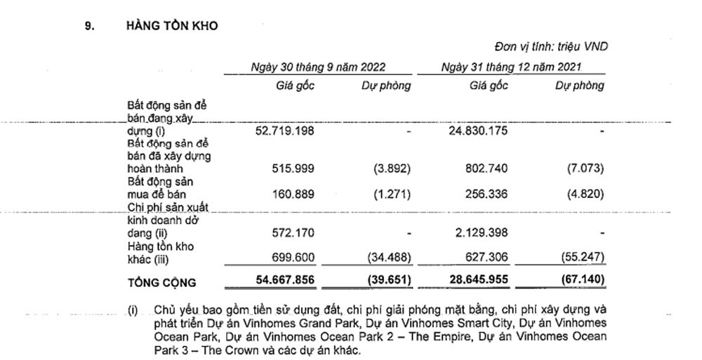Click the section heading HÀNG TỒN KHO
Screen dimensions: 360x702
pos(172,26)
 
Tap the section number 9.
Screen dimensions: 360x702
pos(89,26)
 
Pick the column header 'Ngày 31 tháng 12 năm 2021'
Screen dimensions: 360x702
pos(512,67)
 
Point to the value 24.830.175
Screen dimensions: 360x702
pos(478,131)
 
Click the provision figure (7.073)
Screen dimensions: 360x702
pos(585,168)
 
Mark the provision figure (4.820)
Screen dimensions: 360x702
pos(585,193)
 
